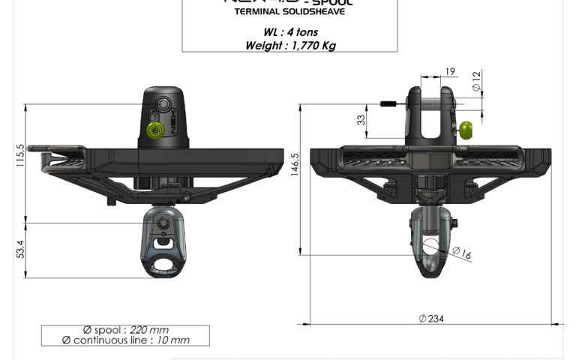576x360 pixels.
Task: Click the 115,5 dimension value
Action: point(20,156)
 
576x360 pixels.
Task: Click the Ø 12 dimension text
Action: point(475,82)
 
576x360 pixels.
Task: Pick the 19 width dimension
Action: point(450,71)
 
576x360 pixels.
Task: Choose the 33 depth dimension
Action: point(361,118)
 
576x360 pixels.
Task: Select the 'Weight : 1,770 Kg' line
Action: point(290,46)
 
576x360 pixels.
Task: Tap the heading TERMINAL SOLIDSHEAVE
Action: point(289,12)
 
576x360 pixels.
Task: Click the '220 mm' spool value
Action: point(149,330)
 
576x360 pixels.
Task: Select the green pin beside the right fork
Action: point(466,130)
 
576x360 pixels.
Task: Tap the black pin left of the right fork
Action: point(391,103)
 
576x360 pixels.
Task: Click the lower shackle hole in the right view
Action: point(431,246)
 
